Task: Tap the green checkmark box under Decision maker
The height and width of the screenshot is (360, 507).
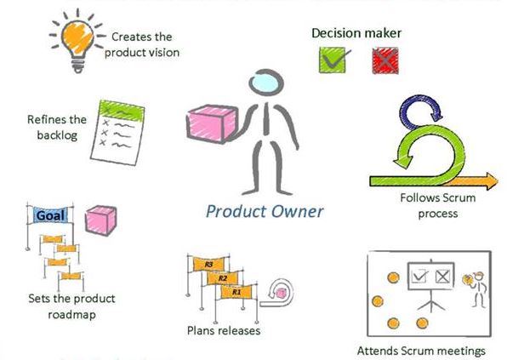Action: click(x=332, y=60)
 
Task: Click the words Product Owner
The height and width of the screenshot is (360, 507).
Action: click(x=265, y=210)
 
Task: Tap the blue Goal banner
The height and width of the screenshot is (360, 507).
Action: click(x=52, y=215)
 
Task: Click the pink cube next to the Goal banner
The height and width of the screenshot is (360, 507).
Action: click(x=101, y=220)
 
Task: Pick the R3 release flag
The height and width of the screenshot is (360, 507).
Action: click(x=208, y=265)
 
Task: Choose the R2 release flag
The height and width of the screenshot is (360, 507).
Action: click(x=221, y=278)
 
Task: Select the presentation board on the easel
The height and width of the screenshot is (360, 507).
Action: click(x=430, y=277)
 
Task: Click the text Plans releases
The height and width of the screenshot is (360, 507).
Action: click(x=223, y=329)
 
